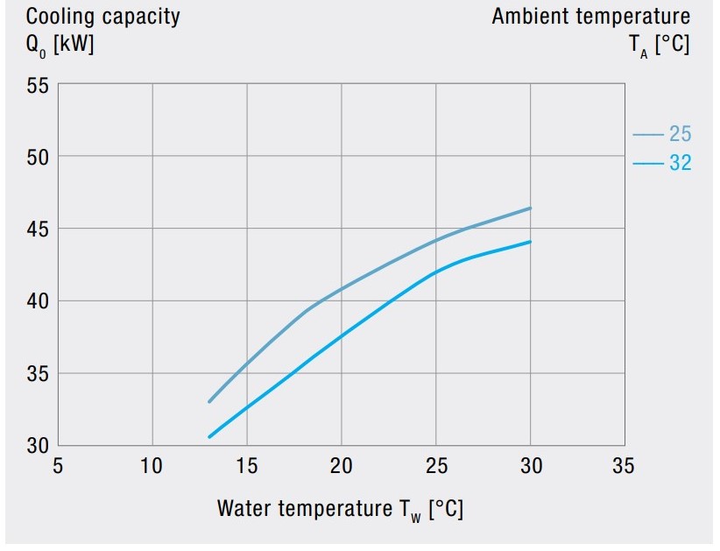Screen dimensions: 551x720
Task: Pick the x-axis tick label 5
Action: click(59, 464)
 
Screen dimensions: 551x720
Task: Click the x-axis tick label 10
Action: click(152, 464)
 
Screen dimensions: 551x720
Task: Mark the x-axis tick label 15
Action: click(247, 464)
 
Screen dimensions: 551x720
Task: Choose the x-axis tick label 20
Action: click(341, 464)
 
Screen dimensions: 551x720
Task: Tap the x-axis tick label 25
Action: click(435, 464)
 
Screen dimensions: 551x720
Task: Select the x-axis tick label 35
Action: click(624, 464)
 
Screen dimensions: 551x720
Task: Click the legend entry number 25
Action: click(680, 134)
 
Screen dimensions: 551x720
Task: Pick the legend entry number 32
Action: click(680, 163)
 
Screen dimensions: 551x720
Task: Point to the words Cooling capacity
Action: click(102, 17)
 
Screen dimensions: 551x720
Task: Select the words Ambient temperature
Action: click(590, 17)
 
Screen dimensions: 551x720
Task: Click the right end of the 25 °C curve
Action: click(530, 208)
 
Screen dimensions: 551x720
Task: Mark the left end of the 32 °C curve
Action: click(209, 436)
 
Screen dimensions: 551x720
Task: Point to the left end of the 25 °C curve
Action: click(209, 401)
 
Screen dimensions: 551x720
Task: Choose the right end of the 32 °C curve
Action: click(530, 242)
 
